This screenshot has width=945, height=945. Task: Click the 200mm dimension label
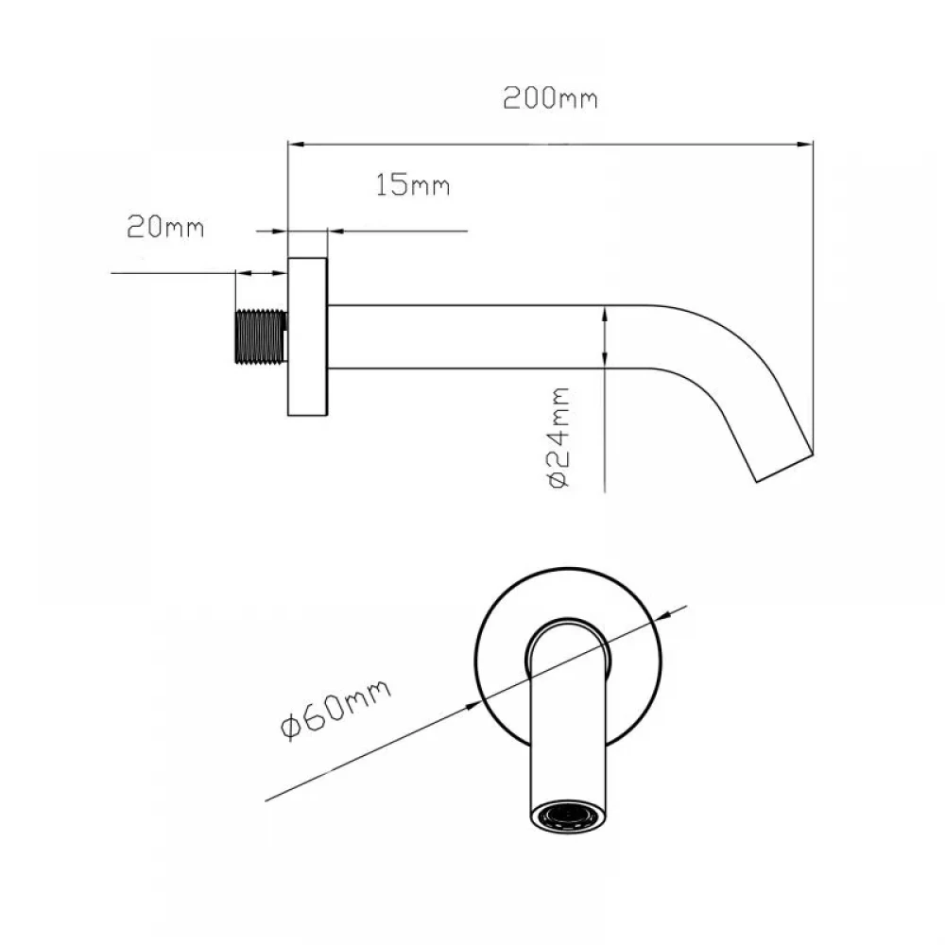(x=550, y=98)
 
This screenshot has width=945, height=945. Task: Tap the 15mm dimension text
(x=413, y=185)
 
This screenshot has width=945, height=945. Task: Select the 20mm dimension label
(x=165, y=227)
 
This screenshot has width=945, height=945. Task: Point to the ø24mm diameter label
(x=558, y=438)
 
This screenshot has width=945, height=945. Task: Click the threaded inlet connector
(x=261, y=337)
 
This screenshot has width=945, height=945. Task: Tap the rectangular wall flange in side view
(x=307, y=337)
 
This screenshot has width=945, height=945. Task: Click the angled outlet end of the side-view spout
(x=784, y=468)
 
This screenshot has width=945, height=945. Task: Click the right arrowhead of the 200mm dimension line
(x=806, y=145)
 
